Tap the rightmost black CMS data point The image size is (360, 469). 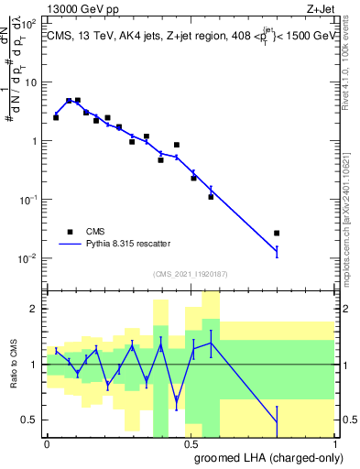[277, 234]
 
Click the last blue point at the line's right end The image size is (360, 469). [277, 249]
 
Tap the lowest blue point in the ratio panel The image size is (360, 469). [277, 422]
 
